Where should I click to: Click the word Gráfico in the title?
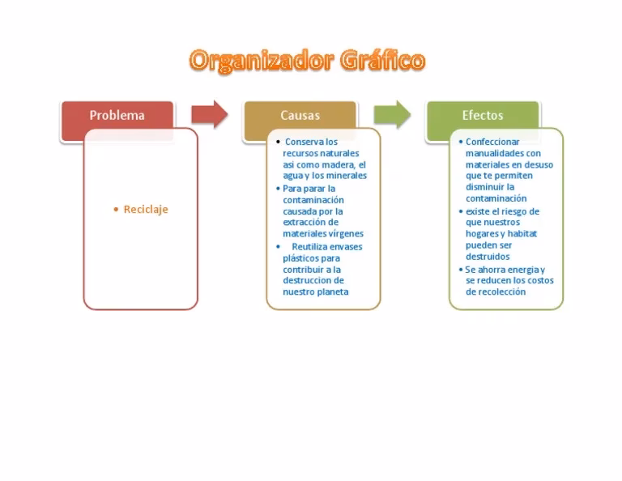[382, 61]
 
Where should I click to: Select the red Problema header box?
[117, 116]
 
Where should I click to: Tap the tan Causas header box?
[300, 116]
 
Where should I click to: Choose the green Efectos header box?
[483, 116]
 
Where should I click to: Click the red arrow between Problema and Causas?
[209, 115]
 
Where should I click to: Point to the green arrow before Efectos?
[392, 115]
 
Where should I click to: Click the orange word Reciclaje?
[146, 209]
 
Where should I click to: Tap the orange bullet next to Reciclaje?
[116, 209]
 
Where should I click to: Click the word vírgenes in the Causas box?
[345, 234]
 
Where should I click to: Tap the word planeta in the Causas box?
[333, 292]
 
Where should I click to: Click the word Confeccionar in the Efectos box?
[492, 142]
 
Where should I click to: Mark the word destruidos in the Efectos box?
[488, 257]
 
